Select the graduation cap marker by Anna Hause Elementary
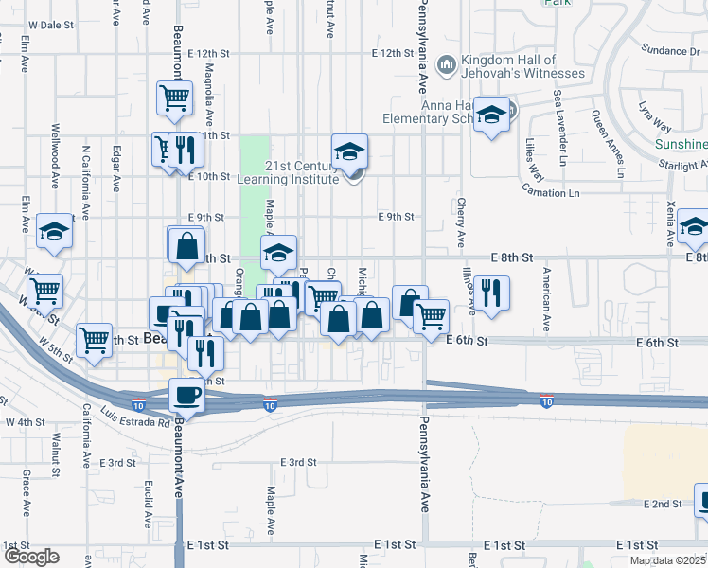click(491, 115)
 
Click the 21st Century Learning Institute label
click(301, 171)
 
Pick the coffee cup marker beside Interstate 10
click(186, 395)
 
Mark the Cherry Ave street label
click(461, 223)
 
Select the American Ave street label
click(547, 299)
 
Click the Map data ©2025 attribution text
click(668, 560)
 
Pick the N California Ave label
click(85, 183)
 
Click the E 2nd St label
click(663, 504)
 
